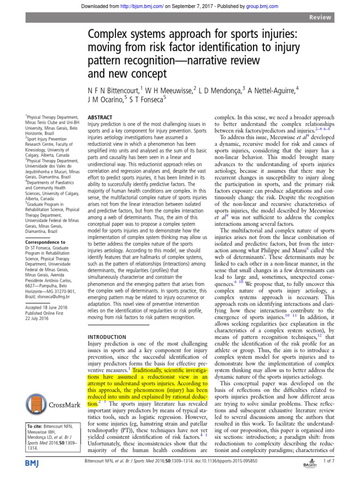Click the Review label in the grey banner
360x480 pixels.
(320, 17)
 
